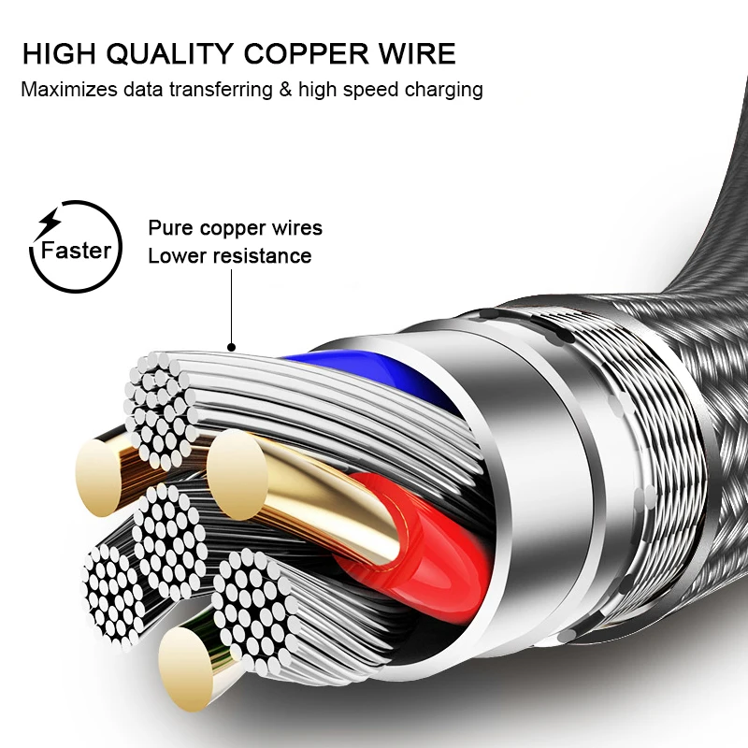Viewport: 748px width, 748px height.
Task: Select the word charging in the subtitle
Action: tap(441, 91)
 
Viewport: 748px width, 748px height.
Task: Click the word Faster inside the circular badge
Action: tap(76, 251)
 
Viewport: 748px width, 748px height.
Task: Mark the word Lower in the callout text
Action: tap(174, 256)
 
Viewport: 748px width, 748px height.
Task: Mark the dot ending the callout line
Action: tap(229, 347)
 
